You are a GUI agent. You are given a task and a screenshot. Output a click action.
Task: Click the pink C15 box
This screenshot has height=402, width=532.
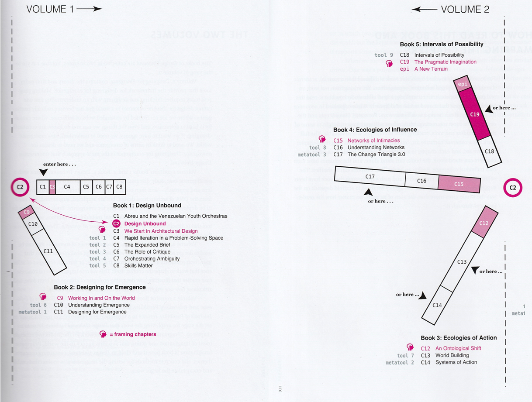click(x=459, y=184)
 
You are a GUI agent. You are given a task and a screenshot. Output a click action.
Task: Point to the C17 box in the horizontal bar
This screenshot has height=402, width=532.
click(x=370, y=177)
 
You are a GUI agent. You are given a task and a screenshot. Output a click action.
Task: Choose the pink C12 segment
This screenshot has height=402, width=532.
click(x=484, y=223)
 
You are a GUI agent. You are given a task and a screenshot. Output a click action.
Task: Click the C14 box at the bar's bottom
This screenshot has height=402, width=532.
click(x=437, y=305)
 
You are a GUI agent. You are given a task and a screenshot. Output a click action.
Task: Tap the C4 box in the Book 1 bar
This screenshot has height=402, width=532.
click(x=67, y=187)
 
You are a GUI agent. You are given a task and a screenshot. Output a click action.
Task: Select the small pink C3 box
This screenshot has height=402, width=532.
click(x=52, y=187)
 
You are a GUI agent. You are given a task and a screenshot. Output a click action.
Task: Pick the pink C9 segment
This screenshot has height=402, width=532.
click(x=26, y=213)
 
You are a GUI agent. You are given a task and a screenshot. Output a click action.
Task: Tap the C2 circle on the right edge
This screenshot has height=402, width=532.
click(x=513, y=189)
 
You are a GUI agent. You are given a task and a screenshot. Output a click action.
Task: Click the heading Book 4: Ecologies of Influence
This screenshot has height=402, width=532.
click(x=375, y=130)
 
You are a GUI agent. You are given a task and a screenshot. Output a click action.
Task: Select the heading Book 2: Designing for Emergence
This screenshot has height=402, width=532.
click(x=100, y=287)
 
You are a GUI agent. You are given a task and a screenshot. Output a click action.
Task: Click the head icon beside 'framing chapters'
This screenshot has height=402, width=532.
click(x=103, y=334)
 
